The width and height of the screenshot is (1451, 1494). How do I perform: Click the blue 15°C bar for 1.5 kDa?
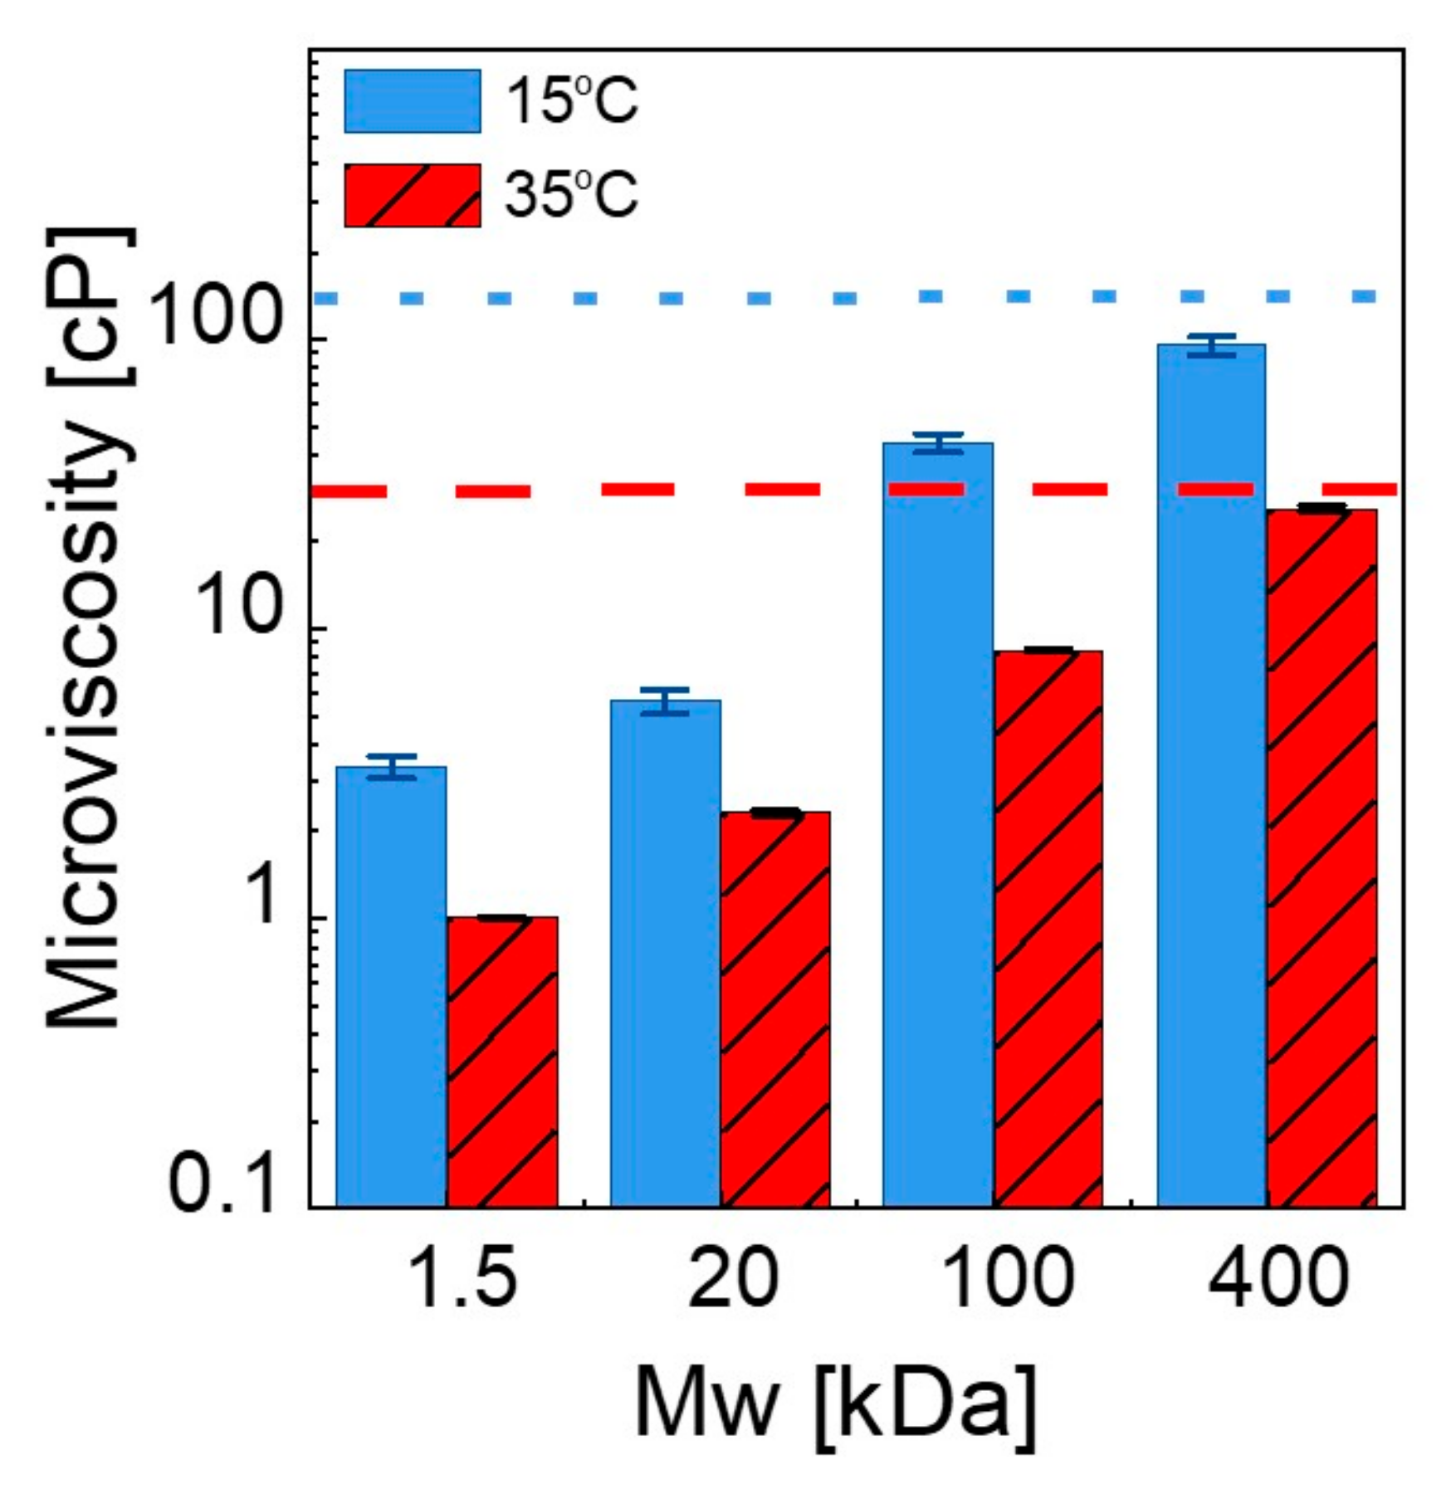click(x=391, y=988)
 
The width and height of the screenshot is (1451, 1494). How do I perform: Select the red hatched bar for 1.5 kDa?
click(x=501, y=1062)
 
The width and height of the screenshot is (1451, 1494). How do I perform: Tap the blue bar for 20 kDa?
click(x=665, y=954)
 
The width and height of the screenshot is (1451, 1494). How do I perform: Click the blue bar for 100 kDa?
click(x=937, y=830)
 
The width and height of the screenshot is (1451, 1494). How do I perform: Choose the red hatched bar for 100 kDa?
click(x=1048, y=930)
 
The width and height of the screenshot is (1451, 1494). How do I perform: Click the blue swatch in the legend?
click(x=413, y=101)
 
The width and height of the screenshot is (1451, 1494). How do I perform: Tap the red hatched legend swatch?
click(x=413, y=196)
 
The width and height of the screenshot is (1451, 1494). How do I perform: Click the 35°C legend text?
click(x=571, y=196)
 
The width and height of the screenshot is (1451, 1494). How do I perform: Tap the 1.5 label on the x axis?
click(x=463, y=1279)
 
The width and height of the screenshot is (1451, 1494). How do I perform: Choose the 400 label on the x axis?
click(x=1278, y=1279)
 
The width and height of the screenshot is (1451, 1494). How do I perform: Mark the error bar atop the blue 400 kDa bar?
click(x=1211, y=345)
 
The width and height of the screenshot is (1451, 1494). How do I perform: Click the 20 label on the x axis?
click(x=733, y=1279)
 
